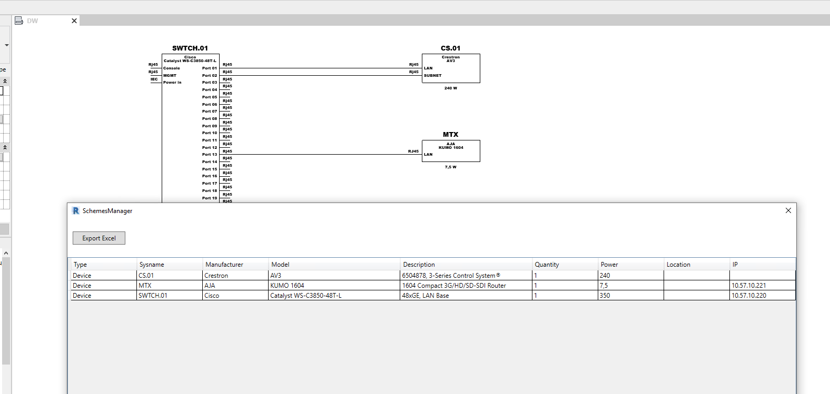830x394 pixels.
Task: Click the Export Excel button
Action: pos(99,238)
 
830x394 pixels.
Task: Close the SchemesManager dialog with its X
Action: pos(788,210)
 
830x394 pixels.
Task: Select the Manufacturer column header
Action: pos(224,265)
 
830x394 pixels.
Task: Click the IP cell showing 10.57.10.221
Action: pos(748,286)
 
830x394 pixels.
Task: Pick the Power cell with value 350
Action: pos(605,296)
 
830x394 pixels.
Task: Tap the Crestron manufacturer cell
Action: pos(216,276)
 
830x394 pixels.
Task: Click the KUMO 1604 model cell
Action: pos(287,286)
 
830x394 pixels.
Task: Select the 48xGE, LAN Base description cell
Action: pos(426,296)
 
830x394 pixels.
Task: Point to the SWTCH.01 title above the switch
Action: pos(190,48)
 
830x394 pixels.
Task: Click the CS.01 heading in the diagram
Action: pos(451,48)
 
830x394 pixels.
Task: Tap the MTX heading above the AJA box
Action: pos(451,135)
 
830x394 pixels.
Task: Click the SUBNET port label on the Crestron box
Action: pos(433,76)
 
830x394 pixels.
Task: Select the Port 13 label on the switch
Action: pos(210,155)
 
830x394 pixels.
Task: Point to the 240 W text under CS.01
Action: pos(451,88)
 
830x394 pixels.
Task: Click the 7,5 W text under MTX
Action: pos(451,167)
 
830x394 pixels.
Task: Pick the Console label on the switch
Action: pos(172,68)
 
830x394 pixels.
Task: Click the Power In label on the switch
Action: pos(172,83)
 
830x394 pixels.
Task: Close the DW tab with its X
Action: pos(74,21)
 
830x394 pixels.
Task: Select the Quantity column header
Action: pos(547,265)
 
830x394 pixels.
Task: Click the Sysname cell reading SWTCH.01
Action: pos(153,296)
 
